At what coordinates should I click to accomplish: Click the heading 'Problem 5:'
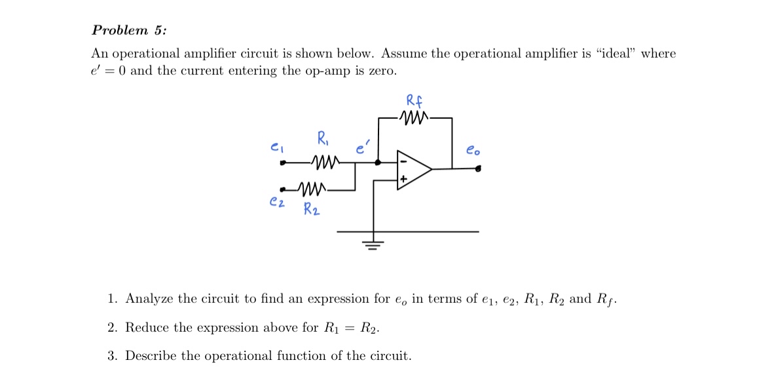click(x=128, y=30)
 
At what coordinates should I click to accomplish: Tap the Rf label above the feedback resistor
click(x=414, y=102)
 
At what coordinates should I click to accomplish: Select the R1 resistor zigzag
click(x=325, y=161)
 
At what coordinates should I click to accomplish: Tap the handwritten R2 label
click(x=312, y=210)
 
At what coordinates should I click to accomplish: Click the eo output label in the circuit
click(x=473, y=149)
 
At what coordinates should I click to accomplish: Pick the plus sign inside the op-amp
click(x=404, y=178)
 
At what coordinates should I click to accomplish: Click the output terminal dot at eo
click(x=479, y=169)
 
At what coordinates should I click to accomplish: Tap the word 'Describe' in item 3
click(x=151, y=356)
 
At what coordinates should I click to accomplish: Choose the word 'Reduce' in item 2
click(x=146, y=327)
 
